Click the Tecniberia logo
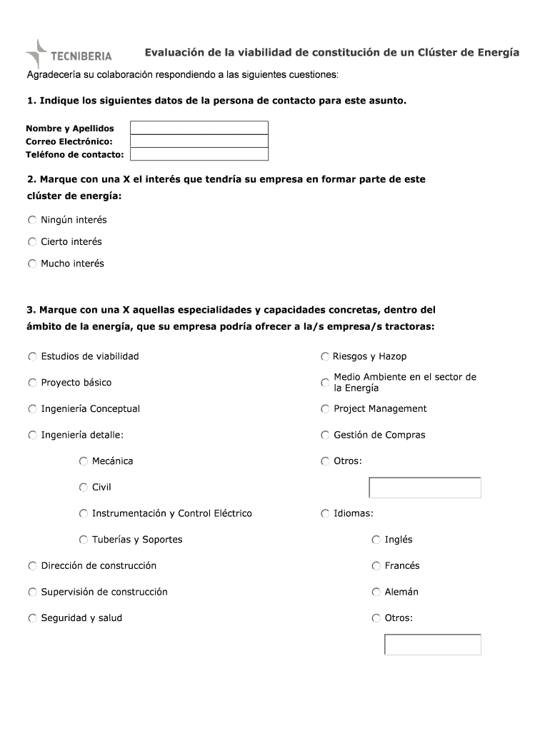coord(69,54)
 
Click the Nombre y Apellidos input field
coord(199,128)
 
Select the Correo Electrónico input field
coord(199,141)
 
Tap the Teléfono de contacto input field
coord(199,154)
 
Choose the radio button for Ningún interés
coord(32,220)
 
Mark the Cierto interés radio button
coord(32,242)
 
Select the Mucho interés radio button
coord(32,263)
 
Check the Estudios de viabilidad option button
coord(33,356)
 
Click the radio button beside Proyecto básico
coord(33,383)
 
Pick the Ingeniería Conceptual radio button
coord(33,409)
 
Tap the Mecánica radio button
coord(84,461)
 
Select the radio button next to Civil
coord(84,488)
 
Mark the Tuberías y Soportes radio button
coord(84,540)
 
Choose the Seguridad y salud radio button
coord(33,618)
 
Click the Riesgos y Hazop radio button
coord(325,356)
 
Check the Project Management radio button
coord(325,409)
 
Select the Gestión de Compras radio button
coord(325,435)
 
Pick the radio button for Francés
coord(376,566)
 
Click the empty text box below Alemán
coord(433,644)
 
